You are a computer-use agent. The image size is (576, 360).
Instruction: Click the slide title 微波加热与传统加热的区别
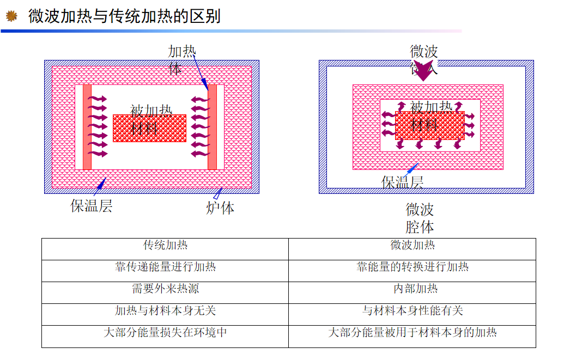coord(124,16)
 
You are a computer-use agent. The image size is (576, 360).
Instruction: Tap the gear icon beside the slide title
coord(11,16)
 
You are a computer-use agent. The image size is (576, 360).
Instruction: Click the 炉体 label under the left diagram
coord(220,208)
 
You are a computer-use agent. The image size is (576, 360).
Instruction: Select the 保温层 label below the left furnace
coord(91,206)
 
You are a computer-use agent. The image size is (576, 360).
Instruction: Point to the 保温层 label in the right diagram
coord(402,182)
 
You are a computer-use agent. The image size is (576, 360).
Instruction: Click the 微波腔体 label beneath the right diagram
coord(420,218)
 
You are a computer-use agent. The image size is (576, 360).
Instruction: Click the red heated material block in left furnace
coord(149,129)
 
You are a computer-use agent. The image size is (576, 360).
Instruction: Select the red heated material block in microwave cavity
coord(429,126)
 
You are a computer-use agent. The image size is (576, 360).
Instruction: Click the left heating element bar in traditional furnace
coord(87,127)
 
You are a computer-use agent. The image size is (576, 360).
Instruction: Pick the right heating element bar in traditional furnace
coord(212,127)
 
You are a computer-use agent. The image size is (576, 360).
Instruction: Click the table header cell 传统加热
coord(165,245)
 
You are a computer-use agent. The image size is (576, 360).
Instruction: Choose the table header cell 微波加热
coord(412,245)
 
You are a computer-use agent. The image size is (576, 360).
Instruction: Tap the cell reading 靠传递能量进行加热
coord(165,267)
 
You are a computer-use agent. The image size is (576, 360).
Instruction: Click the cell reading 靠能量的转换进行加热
coord(412,267)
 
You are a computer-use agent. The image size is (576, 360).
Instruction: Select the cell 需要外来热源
coord(165,289)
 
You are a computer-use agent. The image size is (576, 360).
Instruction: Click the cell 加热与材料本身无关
coord(165,310)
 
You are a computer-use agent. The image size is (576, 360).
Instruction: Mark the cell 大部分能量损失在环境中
coord(165,332)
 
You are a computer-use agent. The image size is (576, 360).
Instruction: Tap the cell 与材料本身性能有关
coord(412,310)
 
